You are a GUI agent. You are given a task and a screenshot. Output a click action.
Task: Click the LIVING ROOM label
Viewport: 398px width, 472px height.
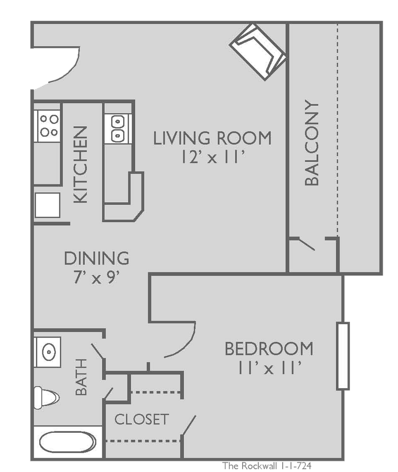pos(212,138)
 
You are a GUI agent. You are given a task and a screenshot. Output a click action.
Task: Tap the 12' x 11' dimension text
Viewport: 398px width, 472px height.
pos(212,158)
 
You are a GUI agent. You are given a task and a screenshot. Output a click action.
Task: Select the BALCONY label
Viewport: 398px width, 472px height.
pos(312,143)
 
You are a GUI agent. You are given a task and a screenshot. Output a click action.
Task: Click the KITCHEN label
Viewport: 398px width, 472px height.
pos(81,165)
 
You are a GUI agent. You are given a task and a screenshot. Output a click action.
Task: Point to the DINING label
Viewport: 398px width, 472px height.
pos(96,259)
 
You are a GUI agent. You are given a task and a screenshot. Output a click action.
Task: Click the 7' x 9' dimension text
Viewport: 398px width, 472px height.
pos(96,278)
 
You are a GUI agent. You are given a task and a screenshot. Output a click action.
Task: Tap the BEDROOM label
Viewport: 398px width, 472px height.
pos(268,349)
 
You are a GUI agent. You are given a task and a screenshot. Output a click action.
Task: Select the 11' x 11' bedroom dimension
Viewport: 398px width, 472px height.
pos(269,369)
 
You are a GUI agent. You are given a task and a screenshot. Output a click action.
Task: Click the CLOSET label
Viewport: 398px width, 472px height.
pos(142,419)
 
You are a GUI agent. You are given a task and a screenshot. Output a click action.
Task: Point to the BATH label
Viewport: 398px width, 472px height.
pos(81,377)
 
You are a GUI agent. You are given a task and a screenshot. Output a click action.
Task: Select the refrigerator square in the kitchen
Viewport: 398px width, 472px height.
pos(48,205)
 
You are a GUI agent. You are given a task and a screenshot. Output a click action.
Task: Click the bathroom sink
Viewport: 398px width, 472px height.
pos(48,352)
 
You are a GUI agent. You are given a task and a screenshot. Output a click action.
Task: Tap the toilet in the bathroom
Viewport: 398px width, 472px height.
pos(46,396)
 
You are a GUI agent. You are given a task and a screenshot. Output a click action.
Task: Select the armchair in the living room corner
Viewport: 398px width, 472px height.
pos(258,52)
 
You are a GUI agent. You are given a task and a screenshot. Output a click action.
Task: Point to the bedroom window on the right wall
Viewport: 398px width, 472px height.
pos(343,356)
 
